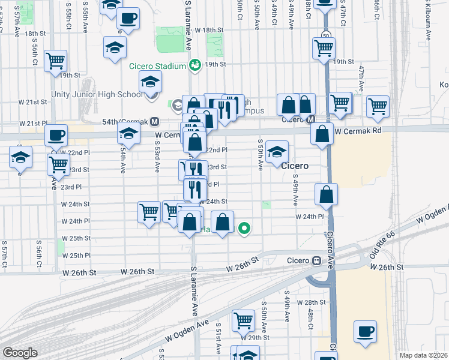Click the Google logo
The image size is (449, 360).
(x=20, y=353)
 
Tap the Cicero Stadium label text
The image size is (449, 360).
(x=157, y=66)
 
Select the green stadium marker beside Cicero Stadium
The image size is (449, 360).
(x=194, y=65)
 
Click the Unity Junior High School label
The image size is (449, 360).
(x=106, y=94)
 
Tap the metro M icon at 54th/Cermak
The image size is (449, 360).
(x=154, y=121)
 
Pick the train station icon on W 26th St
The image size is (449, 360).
(x=315, y=261)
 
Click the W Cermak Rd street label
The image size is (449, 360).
(x=358, y=131)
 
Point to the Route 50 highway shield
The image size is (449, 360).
(x=326, y=35)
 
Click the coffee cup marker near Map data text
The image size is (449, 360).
(x=366, y=332)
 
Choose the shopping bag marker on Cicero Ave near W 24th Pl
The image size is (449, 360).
(x=326, y=194)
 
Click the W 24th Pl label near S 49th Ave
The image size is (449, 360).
(x=309, y=217)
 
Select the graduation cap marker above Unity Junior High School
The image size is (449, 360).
(x=151, y=82)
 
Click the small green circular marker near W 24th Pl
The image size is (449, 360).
(x=244, y=228)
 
